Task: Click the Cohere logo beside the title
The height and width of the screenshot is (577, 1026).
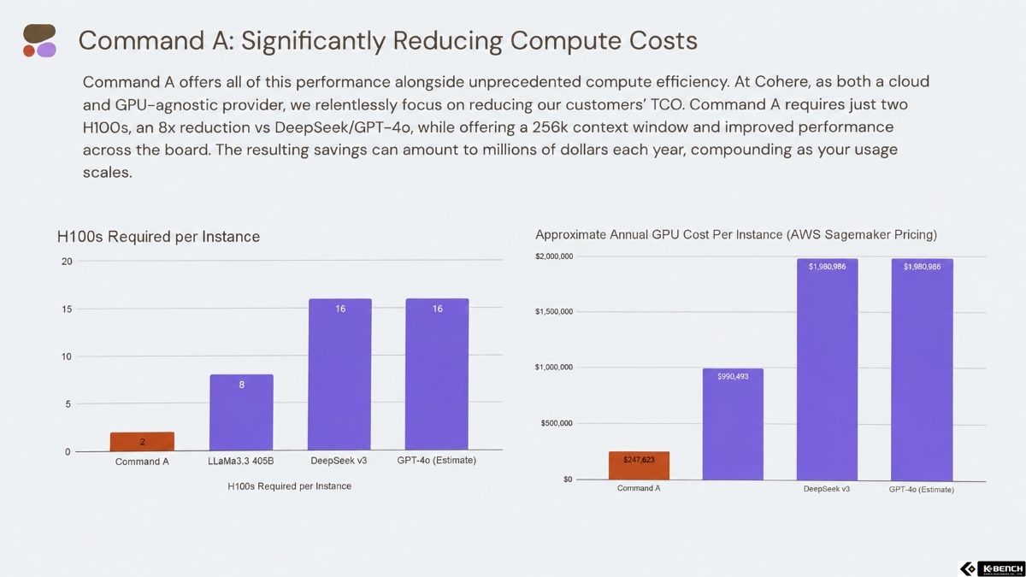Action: (x=39, y=40)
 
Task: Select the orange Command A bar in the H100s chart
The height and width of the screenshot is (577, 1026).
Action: (x=142, y=441)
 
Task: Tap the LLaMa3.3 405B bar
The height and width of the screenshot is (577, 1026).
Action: (x=241, y=413)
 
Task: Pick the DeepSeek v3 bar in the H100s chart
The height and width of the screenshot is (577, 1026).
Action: (x=339, y=374)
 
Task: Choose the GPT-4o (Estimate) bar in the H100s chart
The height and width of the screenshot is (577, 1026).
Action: (x=437, y=374)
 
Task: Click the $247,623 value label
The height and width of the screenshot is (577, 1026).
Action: (x=639, y=459)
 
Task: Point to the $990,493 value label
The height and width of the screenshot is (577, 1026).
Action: (x=733, y=376)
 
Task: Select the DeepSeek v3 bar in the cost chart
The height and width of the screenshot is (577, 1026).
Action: (x=828, y=369)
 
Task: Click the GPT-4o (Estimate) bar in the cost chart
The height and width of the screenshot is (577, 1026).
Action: (x=922, y=369)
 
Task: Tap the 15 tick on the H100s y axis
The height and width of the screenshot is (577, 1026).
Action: (x=67, y=309)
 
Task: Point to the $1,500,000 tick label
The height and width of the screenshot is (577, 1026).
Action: (x=554, y=312)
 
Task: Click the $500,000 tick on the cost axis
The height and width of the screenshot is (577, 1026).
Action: (x=557, y=423)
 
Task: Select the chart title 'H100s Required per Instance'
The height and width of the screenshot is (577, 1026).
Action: (x=158, y=236)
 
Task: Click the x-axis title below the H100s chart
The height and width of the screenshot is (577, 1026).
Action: (x=290, y=486)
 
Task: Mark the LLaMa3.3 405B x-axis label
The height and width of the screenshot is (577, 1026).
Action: (x=241, y=461)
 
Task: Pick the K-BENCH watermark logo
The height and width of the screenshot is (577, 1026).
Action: (x=992, y=568)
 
